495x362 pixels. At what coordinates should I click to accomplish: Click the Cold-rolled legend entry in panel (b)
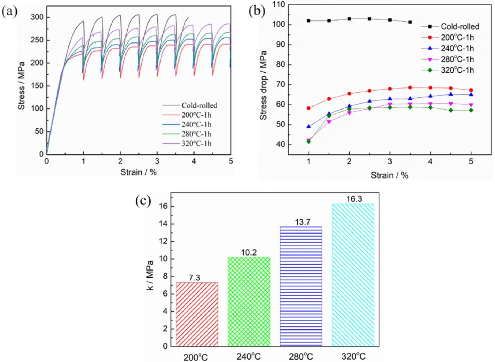click(453, 26)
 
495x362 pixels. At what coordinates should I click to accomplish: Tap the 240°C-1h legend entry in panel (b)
click(453, 48)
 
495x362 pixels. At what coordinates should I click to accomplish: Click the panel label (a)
click(11, 13)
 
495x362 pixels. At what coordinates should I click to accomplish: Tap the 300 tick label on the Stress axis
click(37, 17)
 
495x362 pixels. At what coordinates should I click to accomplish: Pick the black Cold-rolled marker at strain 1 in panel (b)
click(309, 21)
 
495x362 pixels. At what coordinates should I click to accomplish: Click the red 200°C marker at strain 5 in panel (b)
click(471, 90)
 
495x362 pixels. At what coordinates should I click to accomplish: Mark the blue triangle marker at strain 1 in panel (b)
click(309, 126)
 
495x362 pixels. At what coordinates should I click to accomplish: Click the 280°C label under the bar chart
click(301, 356)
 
